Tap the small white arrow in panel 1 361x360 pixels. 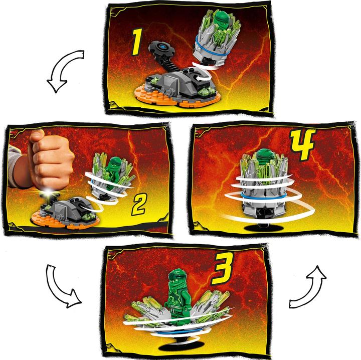203,79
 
